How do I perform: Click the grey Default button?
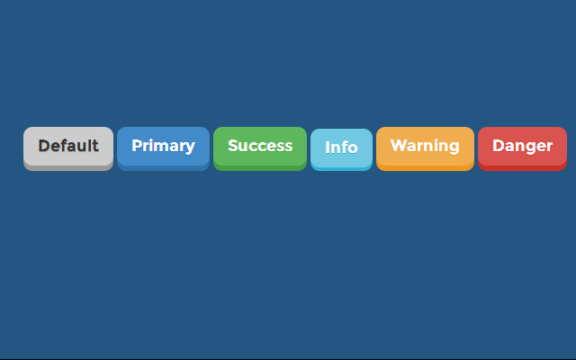(x=68, y=148)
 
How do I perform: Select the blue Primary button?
(x=164, y=148)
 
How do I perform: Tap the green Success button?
(x=260, y=148)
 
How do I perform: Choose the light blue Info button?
(x=342, y=149)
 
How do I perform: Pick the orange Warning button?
(x=425, y=148)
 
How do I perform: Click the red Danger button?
(x=522, y=148)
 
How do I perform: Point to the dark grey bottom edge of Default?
(x=68, y=168)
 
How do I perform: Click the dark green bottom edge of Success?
(x=260, y=168)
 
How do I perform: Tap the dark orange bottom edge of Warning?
(x=425, y=168)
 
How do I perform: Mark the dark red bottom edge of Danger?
(x=522, y=168)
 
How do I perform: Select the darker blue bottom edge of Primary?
(x=164, y=168)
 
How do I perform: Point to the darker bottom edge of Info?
(x=342, y=168)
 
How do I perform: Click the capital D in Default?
(x=44, y=146)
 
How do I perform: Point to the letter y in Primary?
(x=190, y=148)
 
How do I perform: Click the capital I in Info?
(x=328, y=148)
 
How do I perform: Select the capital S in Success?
(x=233, y=146)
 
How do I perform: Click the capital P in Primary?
(x=137, y=146)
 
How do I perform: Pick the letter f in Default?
(x=66, y=146)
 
